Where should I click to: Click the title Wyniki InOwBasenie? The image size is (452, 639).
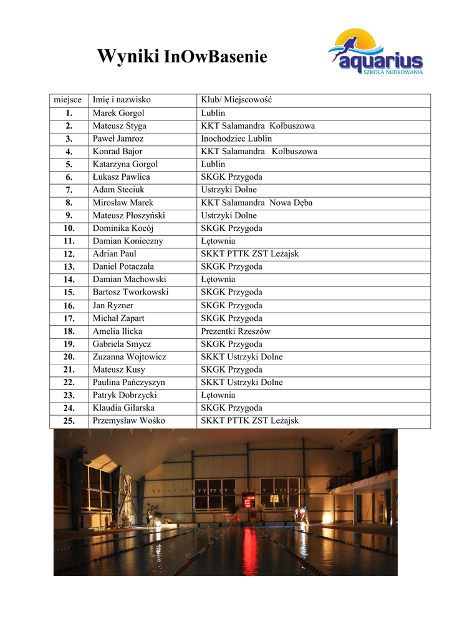(x=182, y=57)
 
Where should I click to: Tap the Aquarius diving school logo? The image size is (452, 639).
(x=376, y=52)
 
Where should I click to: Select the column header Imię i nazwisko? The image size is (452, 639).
(x=122, y=100)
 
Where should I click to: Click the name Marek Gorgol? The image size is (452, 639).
(x=118, y=113)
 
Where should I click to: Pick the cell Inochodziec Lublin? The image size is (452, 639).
(x=236, y=139)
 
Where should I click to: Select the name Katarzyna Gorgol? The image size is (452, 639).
(x=125, y=164)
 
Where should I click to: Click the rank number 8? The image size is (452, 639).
(x=69, y=203)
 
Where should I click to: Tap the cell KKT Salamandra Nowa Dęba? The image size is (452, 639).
(x=256, y=203)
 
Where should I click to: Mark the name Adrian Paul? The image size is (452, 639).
(x=114, y=254)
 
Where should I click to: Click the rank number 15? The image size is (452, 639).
(x=69, y=292)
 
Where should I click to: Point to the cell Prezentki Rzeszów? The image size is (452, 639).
(x=235, y=331)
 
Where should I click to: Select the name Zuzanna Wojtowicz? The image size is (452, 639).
(x=129, y=357)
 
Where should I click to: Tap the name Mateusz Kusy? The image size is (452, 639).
(x=118, y=369)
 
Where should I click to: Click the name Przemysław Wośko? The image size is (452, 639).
(x=128, y=421)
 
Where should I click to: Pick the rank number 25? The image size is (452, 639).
(x=69, y=421)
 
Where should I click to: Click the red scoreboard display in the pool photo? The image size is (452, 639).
(x=248, y=500)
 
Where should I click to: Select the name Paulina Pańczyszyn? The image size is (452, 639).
(x=128, y=383)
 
